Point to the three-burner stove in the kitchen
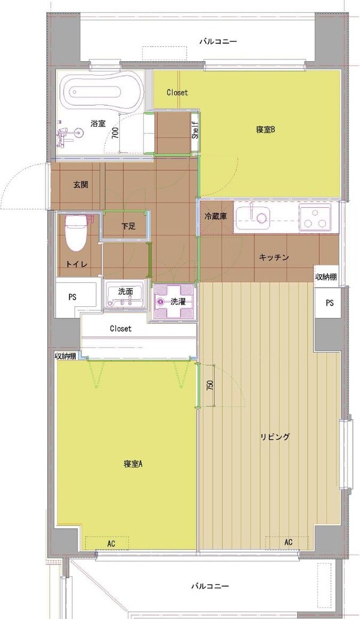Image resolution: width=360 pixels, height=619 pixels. point(315,218)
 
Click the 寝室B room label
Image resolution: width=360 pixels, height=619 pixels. point(265,129)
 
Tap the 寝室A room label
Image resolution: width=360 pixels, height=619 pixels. point(132,463)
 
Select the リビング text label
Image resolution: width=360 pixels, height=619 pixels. point(275,437)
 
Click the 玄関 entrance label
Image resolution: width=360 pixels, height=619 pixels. point(81,185)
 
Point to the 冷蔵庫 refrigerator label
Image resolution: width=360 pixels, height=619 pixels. point(215,217)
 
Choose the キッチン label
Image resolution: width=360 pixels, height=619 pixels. point(274,257)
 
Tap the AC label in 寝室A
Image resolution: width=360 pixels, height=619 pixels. point(111,543)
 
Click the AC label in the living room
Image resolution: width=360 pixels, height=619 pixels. point(289,542)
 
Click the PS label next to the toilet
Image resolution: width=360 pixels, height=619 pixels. point(72,297)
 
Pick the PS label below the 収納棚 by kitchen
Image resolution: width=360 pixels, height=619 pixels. point(329,303)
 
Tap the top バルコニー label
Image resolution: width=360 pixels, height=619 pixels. point(218,41)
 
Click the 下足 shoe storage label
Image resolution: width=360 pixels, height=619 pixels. point(128,226)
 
